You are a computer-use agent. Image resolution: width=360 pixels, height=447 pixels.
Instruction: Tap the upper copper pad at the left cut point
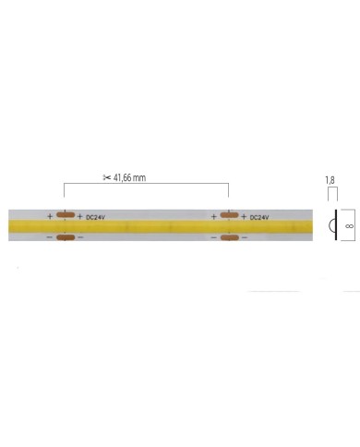65,216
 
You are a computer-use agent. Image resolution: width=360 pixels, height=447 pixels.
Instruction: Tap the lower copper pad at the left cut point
65,238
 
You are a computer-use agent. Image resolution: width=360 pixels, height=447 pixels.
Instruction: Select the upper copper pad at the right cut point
229,216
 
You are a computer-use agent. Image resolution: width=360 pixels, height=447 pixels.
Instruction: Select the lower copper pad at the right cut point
229,238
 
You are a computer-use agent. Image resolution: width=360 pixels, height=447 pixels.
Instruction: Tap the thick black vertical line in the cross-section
333,226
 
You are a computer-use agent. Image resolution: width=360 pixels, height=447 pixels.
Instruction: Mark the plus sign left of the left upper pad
50,216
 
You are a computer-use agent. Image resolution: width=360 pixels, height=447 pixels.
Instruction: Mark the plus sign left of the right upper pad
213,216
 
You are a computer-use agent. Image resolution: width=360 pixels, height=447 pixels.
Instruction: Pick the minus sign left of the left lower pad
50,238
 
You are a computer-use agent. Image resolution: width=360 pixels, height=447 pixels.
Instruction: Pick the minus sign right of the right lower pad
245,238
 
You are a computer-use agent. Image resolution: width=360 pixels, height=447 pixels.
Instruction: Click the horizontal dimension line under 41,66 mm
146,185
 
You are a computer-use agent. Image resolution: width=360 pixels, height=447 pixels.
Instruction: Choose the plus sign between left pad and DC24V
80,217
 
